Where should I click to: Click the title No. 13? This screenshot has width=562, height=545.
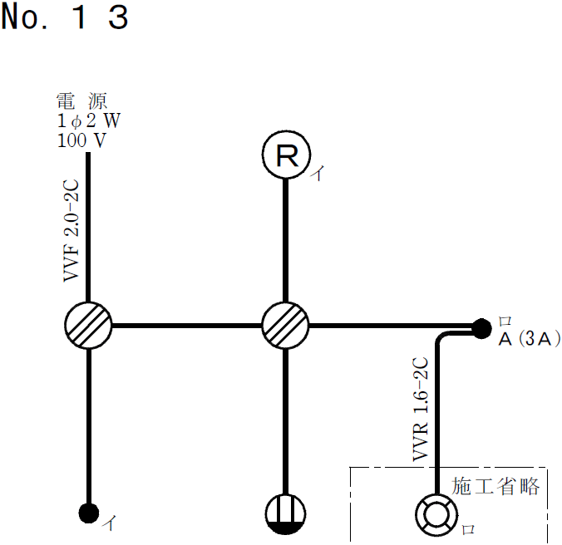pyautogui.click(x=65, y=17)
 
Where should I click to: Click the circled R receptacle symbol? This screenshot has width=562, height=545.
pyautogui.click(x=286, y=156)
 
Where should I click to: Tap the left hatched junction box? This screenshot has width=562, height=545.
pyautogui.click(x=87, y=324)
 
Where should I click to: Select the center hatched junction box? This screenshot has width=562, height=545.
pyautogui.click(x=286, y=324)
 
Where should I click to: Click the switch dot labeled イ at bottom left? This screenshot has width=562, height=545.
pyautogui.click(x=87, y=513)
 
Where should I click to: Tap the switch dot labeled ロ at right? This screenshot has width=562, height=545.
pyautogui.click(x=481, y=328)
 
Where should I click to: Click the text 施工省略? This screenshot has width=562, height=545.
pyautogui.click(x=495, y=486)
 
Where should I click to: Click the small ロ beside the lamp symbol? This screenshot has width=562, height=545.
pyautogui.click(x=467, y=528)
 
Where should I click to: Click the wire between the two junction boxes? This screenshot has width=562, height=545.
pyautogui.click(x=186, y=324)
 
